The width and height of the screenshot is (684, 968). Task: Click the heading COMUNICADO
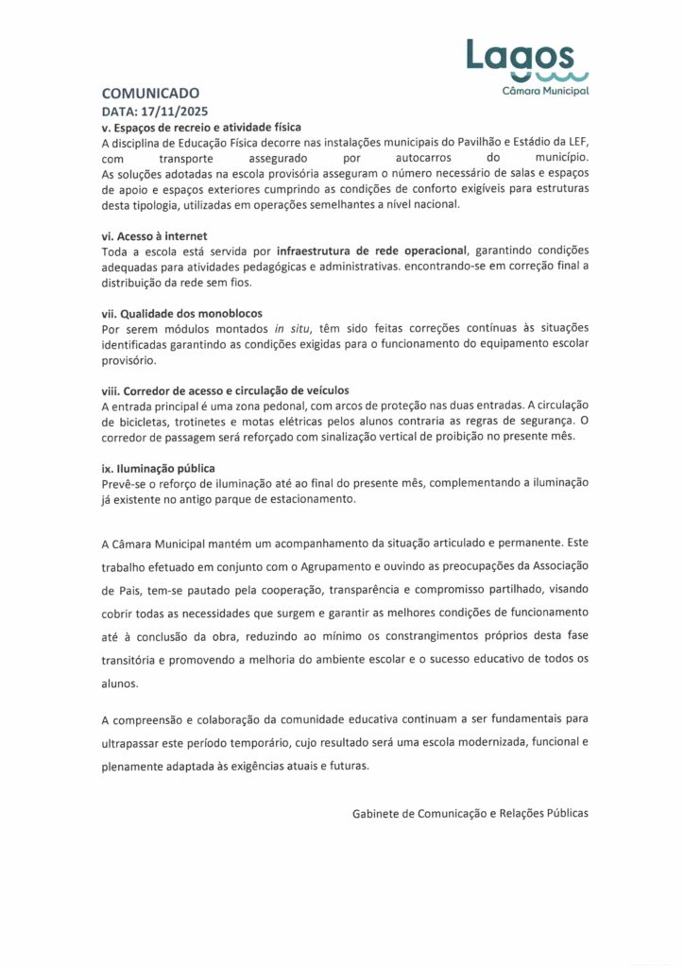tap(150, 94)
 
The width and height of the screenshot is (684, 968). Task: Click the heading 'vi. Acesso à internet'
tap(155, 235)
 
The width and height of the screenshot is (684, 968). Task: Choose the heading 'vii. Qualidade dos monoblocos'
tap(181, 313)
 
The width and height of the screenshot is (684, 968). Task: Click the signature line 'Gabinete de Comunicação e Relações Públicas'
tap(470, 812)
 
